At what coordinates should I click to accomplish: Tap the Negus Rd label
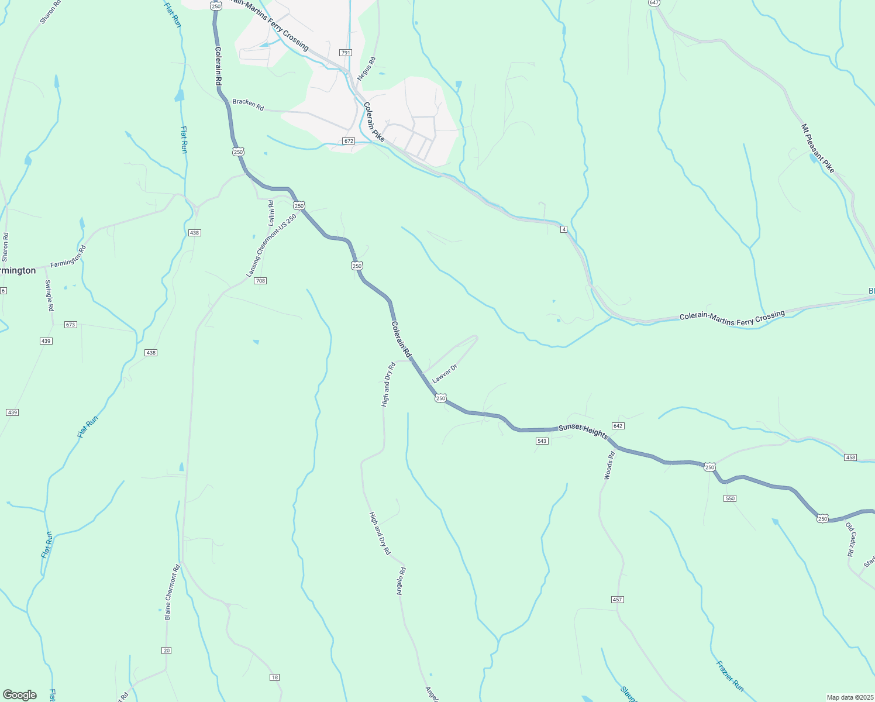point(366,68)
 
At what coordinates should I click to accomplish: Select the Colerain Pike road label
point(374,122)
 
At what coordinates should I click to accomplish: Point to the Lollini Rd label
point(271,213)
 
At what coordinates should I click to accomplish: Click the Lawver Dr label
point(444,374)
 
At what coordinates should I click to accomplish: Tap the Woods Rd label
point(609,466)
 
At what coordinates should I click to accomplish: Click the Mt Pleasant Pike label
point(818,149)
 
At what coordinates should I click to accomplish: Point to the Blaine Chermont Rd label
point(171,592)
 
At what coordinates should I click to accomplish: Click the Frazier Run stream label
point(730,676)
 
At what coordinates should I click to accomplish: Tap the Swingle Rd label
point(50,295)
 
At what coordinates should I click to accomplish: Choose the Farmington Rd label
point(68,257)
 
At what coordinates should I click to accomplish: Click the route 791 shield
point(346,53)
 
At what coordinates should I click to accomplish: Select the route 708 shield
point(260,281)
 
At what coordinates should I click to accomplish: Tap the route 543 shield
point(542,441)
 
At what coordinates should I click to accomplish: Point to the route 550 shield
point(729,498)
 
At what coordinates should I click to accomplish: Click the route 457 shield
point(618,600)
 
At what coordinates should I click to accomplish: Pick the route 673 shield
point(71,325)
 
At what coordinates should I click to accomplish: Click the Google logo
point(20,695)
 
